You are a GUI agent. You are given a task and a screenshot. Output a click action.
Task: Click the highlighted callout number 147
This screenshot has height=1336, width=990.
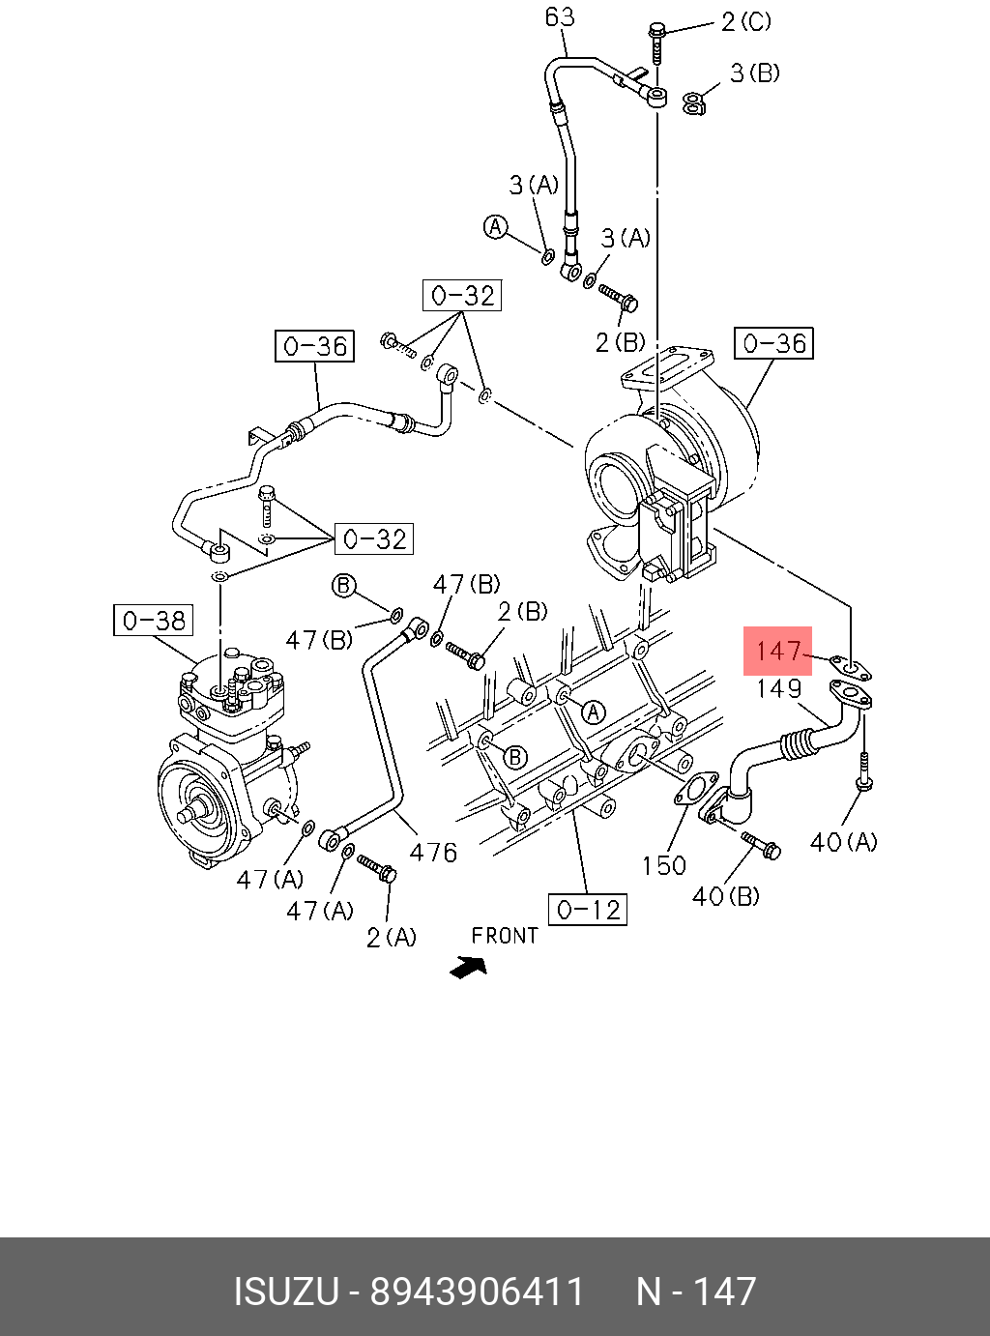[x=778, y=652]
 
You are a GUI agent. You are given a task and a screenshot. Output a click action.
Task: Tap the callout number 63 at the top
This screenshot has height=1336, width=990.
[x=560, y=16]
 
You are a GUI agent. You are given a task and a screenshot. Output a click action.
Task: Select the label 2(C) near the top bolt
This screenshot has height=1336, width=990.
[x=746, y=22]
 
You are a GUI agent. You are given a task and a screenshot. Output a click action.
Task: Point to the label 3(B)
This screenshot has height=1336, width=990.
[x=754, y=73]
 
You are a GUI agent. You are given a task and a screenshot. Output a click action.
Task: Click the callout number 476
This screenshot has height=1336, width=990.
[x=433, y=853]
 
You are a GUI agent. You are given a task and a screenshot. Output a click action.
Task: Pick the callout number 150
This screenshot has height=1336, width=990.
[x=664, y=866]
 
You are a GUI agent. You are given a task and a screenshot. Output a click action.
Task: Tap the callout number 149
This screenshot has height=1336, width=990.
[x=778, y=688]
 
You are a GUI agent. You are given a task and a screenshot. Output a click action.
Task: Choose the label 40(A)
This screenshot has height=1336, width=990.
[x=844, y=842]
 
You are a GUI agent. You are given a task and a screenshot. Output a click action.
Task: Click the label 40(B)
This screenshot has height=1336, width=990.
[x=725, y=897]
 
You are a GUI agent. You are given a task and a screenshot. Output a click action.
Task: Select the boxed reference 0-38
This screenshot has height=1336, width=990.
[x=153, y=621]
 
